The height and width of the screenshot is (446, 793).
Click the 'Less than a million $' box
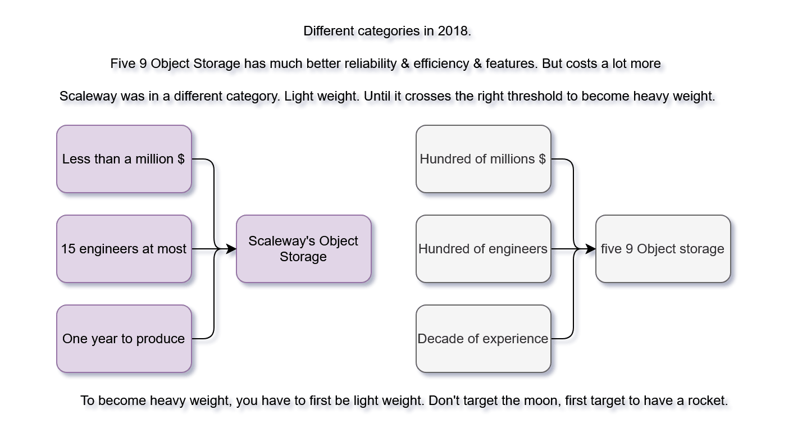124,159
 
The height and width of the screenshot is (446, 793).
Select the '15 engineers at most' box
124,249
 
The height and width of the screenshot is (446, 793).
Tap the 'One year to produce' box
124,339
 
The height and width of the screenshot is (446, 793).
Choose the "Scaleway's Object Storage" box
303,249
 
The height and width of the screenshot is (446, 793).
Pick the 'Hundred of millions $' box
483,159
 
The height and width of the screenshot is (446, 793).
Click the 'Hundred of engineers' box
483,249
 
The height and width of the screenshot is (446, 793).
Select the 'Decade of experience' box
483,339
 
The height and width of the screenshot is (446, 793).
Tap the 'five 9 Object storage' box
663,249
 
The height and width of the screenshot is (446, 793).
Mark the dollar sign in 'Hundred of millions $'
542,159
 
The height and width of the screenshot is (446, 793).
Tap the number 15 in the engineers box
68,249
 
